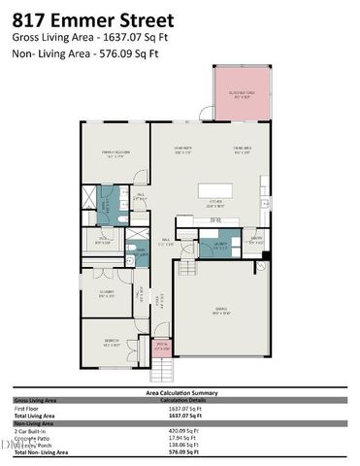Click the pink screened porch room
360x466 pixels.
239,94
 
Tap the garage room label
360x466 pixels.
221,312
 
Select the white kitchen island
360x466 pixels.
223,191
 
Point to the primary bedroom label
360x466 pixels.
115,153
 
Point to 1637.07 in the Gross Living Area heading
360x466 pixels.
120,37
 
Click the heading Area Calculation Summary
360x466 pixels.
180,392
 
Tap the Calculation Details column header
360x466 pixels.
181,400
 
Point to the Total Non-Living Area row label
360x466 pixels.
40,452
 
